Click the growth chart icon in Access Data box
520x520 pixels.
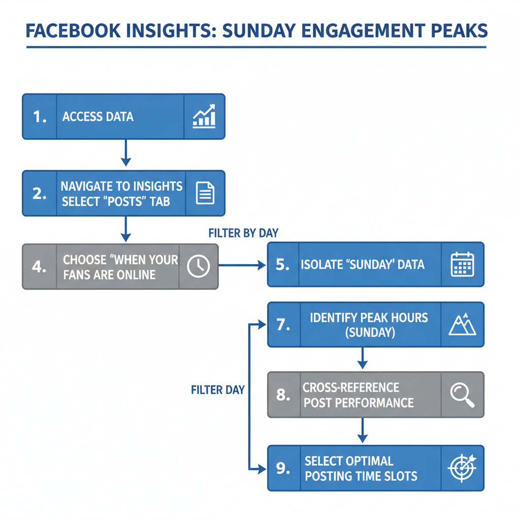pyautogui.click(x=204, y=116)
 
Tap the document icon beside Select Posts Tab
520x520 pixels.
pyautogui.click(x=205, y=193)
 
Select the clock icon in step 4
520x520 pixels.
pyautogui.click(x=198, y=266)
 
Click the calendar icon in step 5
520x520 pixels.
pyautogui.click(x=462, y=265)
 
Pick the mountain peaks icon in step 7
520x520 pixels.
pyautogui.click(x=462, y=324)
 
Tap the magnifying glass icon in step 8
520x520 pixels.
pyautogui.click(x=462, y=395)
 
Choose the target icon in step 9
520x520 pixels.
pyautogui.click(x=462, y=468)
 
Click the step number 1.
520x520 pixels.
pyautogui.click(x=40, y=117)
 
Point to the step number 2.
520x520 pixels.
pyautogui.click(x=40, y=193)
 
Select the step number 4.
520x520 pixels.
pyautogui.click(x=40, y=267)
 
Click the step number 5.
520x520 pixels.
pyautogui.click(x=283, y=265)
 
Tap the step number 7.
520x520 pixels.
pyautogui.click(x=283, y=324)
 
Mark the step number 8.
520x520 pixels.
pyautogui.click(x=283, y=395)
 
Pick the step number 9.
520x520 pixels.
pyautogui.click(x=283, y=468)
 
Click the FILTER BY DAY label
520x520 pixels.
pyautogui.click(x=243, y=233)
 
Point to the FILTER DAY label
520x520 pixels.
pyautogui.click(x=218, y=390)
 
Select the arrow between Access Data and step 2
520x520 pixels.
pyautogui.click(x=125, y=153)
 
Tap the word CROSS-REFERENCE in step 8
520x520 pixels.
pyautogui.click(x=351, y=388)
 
